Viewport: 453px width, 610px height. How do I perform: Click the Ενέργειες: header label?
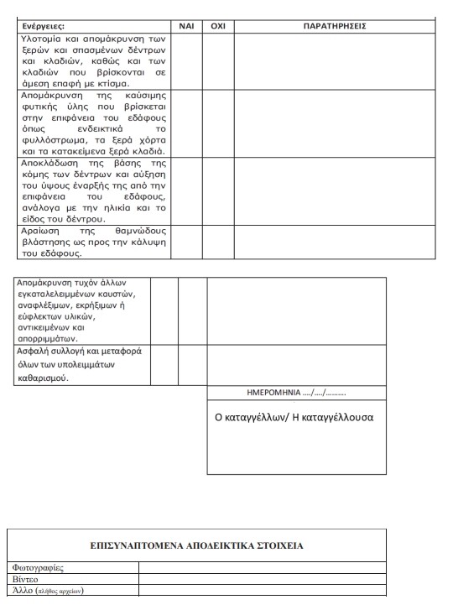pos(46,26)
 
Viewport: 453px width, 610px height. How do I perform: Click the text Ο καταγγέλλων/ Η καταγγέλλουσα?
pos(294,417)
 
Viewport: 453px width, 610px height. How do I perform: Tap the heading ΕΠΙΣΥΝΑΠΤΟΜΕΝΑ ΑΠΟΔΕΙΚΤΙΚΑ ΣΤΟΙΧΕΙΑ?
pos(196,546)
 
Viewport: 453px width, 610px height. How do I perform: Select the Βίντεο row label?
pos(26,579)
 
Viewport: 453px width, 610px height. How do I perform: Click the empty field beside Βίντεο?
pos(261,579)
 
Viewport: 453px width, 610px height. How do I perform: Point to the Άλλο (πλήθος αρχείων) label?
pos(48,590)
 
